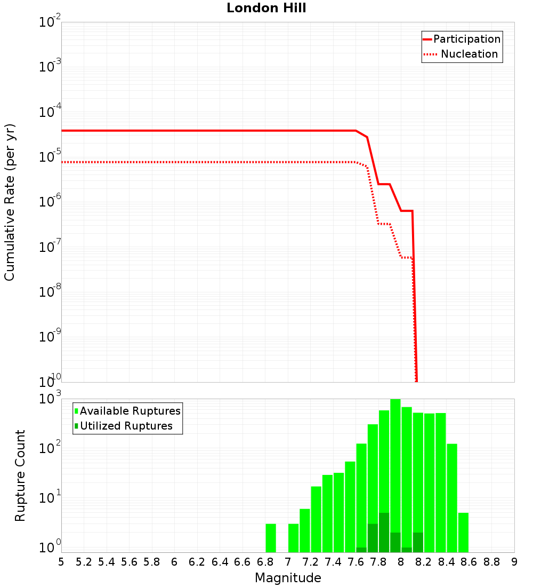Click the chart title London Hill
click(266, 8)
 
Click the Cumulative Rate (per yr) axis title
click(10, 202)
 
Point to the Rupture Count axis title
click(20, 475)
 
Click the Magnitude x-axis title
click(288, 578)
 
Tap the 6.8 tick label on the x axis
click(265, 562)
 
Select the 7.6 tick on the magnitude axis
click(356, 562)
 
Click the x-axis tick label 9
click(514, 562)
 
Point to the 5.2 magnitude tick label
click(84, 562)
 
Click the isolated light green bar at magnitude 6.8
click(271, 538)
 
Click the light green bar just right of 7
click(293, 538)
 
